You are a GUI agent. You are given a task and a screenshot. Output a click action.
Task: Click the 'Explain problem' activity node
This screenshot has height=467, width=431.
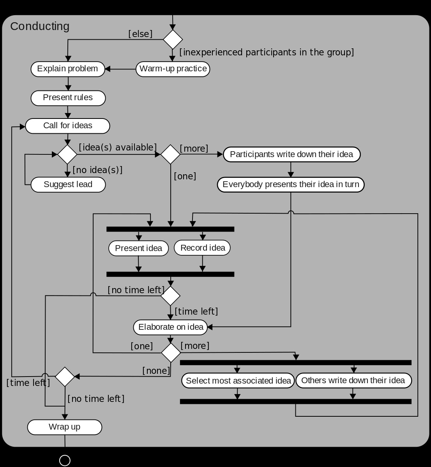(x=68, y=69)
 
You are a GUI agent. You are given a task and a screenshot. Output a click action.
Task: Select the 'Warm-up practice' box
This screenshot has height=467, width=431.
(x=173, y=69)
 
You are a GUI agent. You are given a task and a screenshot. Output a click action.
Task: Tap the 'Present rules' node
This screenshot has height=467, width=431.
(x=68, y=97)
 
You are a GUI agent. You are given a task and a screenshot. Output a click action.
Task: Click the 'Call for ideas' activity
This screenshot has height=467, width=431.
(x=67, y=126)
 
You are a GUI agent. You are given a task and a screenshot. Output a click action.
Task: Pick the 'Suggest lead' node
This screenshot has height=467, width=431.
(x=68, y=184)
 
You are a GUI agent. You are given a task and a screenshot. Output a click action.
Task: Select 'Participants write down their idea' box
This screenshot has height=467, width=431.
(x=291, y=154)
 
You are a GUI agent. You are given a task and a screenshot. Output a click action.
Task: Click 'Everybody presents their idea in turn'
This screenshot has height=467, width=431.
(x=291, y=184)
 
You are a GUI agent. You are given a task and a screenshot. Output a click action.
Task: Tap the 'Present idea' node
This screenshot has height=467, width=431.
(x=138, y=248)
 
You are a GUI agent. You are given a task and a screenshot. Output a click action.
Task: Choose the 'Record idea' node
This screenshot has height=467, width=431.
(x=202, y=248)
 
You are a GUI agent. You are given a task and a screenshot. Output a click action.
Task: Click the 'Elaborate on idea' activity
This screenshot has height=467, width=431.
(x=171, y=327)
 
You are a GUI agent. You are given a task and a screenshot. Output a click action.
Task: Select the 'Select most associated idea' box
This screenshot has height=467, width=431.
(x=238, y=381)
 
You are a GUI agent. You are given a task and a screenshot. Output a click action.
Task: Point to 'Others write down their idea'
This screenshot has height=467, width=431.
(x=353, y=380)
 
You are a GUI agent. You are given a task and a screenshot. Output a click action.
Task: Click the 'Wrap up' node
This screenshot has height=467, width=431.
(x=64, y=427)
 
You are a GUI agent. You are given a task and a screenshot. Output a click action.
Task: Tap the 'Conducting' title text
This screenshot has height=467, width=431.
(x=40, y=26)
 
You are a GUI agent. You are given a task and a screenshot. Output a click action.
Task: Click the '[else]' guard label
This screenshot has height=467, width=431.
(x=140, y=34)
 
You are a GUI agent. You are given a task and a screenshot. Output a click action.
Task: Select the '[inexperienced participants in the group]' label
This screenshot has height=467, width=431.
(x=267, y=52)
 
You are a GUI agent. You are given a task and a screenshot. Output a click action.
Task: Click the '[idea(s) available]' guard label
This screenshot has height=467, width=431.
(x=118, y=147)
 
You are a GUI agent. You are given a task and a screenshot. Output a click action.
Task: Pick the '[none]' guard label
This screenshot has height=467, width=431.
(x=156, y=371)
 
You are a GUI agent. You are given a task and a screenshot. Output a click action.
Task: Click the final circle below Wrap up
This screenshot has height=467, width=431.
(x=65, y=460)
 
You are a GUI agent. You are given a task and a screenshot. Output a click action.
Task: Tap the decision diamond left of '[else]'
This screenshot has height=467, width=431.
(x=173, y=39)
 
